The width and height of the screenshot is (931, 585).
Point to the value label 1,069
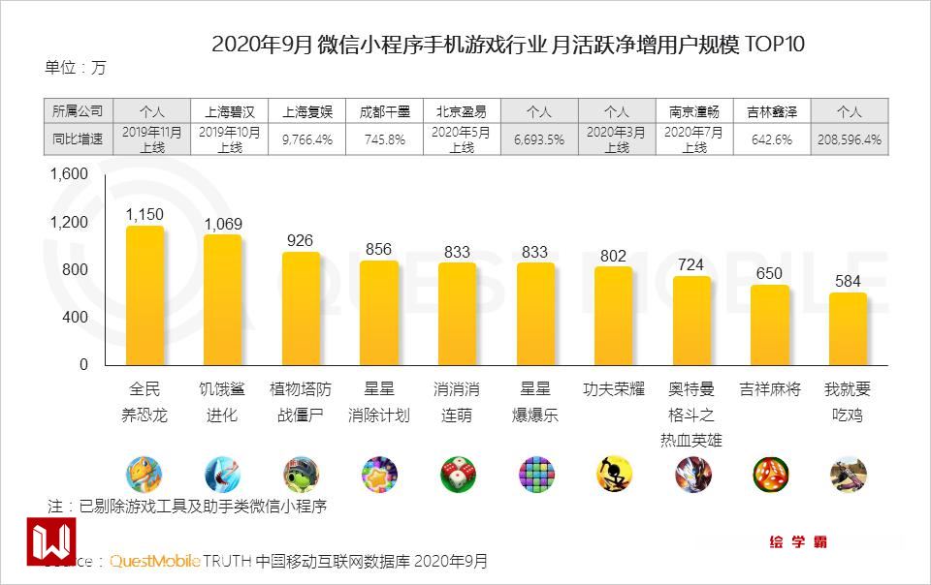point(223,224)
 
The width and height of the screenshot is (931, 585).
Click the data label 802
point(613,256)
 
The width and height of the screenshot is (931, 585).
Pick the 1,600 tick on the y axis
point(70,174)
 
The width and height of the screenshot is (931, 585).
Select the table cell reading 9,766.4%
point(307,139)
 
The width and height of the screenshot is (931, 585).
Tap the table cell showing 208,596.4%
point(849,139)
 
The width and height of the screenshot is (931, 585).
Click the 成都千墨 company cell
point(385,110)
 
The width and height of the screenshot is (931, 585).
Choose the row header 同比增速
point(78,139)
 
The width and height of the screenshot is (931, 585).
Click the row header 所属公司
point(78,110)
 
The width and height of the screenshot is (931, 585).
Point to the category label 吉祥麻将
point(770,389)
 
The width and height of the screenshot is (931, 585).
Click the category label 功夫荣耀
point(613,389)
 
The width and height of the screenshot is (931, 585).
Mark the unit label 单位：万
point(76,68)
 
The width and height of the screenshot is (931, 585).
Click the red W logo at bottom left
point(50,541)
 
